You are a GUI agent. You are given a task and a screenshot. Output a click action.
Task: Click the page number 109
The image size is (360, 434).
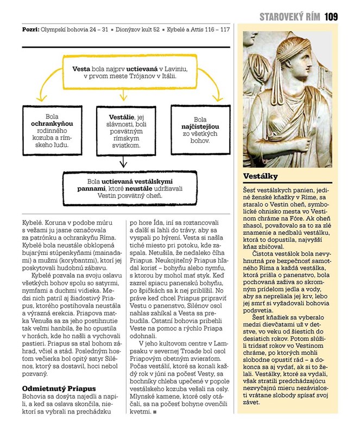pos(331,17)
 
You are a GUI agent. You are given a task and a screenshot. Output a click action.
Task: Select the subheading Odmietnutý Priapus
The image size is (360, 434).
pos(59,388)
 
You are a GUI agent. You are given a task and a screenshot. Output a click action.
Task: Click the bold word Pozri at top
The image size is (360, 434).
pos(29,28)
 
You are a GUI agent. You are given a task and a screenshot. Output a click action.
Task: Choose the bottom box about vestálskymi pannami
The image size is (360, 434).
pos(124,186)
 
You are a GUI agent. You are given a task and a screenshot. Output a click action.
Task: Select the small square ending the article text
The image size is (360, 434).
pos(155,412)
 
